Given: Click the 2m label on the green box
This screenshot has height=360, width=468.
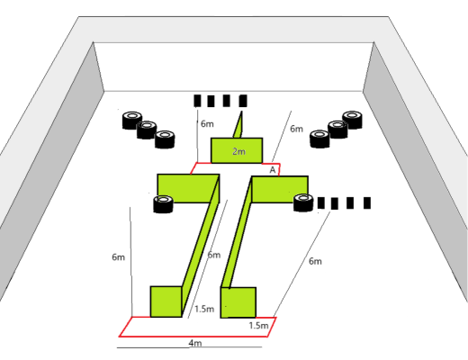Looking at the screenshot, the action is tap(238, 151).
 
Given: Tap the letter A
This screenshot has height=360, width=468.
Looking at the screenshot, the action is tap(273, 170).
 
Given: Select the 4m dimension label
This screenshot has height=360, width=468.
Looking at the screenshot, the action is tap(195, 343).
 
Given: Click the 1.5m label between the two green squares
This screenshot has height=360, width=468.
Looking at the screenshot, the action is tap(204, 309).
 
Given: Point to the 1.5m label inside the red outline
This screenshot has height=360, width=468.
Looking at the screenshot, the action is tap(258, 326).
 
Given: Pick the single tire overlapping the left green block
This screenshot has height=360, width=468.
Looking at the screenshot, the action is tap(163, 204).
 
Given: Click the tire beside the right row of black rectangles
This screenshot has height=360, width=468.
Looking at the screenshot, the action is tap(303, 202).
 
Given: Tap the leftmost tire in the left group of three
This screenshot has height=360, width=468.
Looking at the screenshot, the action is tap(132, 121).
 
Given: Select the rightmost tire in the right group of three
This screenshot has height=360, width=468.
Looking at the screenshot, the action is tap(352, 120).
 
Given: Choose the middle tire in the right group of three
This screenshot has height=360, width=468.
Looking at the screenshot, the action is tap(337, 130).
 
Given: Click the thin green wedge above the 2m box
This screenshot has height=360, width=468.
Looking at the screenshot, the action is tap(238, 125).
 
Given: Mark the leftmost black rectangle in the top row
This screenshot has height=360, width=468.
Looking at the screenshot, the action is tap(197, 101).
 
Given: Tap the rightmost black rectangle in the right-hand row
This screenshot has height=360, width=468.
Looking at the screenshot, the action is tap(367, 202).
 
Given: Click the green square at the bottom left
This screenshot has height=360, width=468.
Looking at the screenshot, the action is tap(166, 301).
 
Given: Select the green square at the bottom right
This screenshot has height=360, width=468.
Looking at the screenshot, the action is tap(238, 302).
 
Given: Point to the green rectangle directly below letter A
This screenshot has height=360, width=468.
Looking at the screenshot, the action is tap(280, 189).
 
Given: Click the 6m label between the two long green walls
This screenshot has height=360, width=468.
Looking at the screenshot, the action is tap(214, 255).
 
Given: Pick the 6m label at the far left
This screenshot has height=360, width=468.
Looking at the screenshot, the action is tap(118, 257).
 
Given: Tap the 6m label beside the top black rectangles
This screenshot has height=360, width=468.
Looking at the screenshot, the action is tap(207, 123).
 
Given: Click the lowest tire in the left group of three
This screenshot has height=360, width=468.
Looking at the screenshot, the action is tap(165, 139).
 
